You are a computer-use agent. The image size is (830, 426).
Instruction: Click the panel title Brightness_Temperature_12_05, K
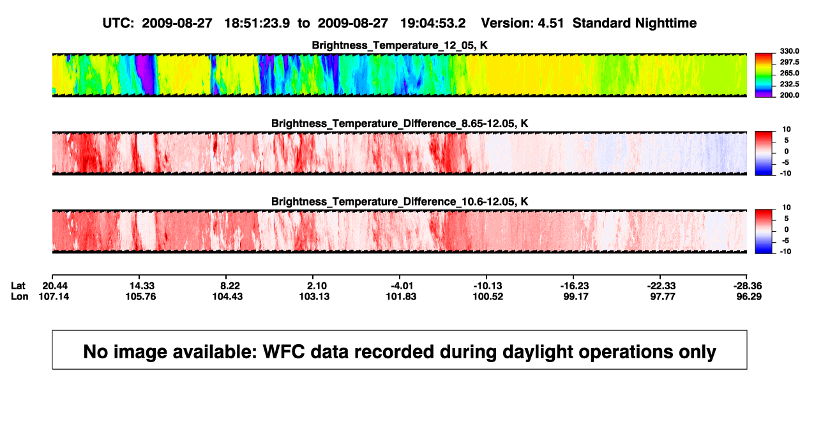click(x=400, y=45)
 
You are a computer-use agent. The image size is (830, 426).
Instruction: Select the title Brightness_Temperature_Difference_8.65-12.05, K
click(x=400, y=123)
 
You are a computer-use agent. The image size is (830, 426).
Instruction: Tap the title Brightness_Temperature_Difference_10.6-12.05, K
click(x=400, y=202)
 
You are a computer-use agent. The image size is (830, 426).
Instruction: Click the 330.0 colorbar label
click(x=789, y=51)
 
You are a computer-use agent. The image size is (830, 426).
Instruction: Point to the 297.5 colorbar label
click(x=789, y=62)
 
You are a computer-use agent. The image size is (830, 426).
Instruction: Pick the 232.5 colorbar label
click(x=789, y=84)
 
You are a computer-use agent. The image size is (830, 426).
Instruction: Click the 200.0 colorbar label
click(x=789, y=95)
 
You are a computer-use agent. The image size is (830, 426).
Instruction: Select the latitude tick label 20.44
click(x=55, y=286)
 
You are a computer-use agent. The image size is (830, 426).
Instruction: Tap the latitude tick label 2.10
click(x=317, y=286)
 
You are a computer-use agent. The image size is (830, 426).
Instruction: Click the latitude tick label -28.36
click(x=748, y=286)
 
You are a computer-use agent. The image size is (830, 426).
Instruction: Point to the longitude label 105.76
click(x=140, y=296)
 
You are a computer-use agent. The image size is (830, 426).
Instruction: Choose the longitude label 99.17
click(x=576, y=296)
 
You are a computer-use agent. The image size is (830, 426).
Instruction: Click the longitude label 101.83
click(x=401, y=296)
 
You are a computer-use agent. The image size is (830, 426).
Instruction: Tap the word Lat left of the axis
click(x=18, y=286)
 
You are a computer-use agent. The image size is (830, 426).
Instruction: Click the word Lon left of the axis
click(x=20, y=296)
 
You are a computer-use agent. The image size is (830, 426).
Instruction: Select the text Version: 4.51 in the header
click(x=522, y=23)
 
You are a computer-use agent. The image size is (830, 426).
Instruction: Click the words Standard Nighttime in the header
click(x=635, y=24)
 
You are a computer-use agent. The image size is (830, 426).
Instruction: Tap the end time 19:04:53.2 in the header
click(x=433, y=23)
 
